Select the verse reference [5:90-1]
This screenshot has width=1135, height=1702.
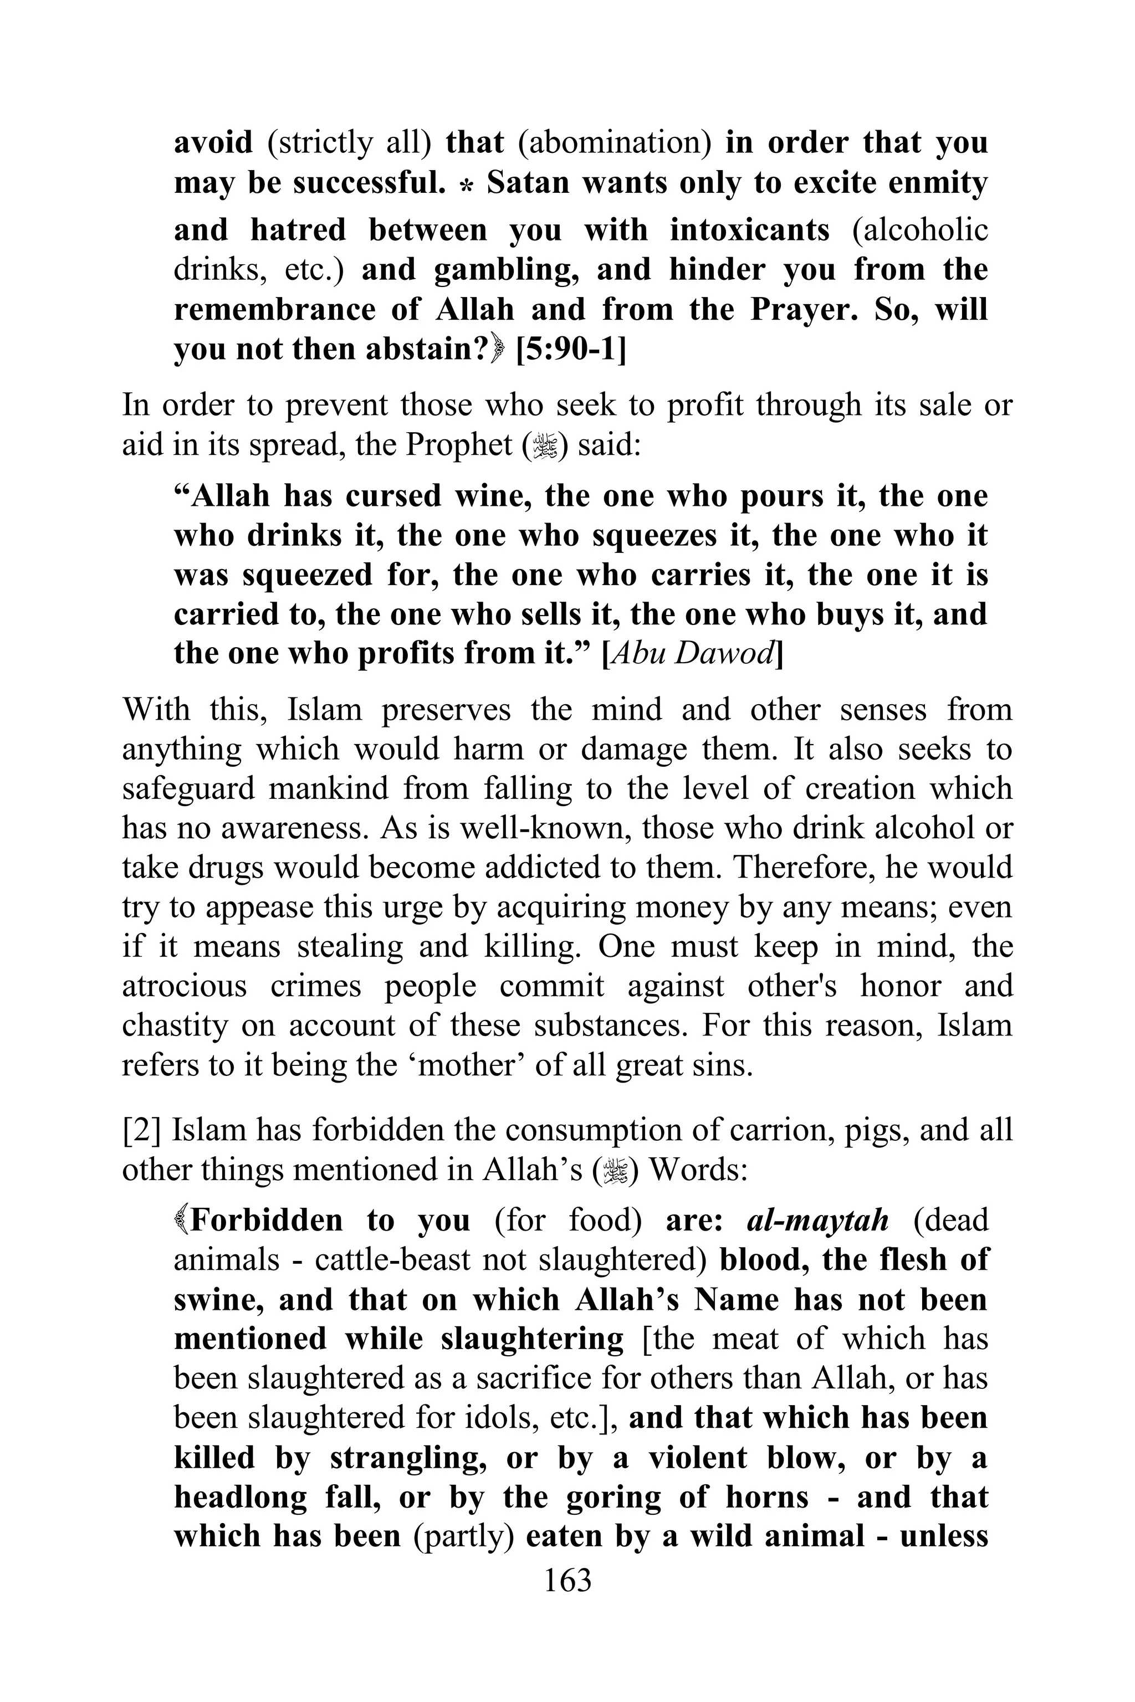(570, 350)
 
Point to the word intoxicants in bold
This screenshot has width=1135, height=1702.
(749, 230)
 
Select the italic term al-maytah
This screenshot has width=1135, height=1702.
(816, 1220)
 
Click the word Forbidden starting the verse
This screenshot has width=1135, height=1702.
(265, 1220)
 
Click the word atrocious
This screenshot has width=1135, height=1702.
(185, 986)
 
